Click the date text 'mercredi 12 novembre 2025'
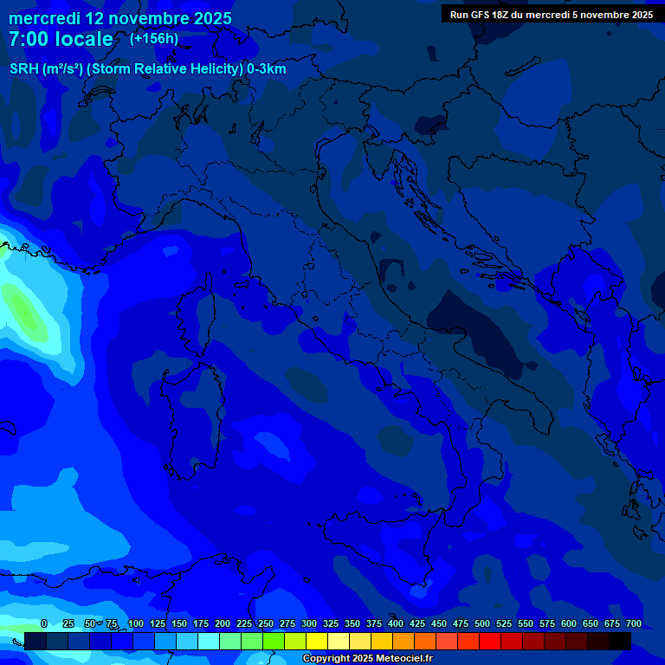[119, 18]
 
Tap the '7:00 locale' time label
[61, 40]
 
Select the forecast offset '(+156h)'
[154, 39]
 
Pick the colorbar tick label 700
[633, 623]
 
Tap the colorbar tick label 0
[44, 623]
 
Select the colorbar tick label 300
[308, 623]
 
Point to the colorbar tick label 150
[178, 623]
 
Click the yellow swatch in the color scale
[317, 641]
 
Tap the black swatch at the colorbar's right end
[620, 641]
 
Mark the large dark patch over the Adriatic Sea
[476, 329]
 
